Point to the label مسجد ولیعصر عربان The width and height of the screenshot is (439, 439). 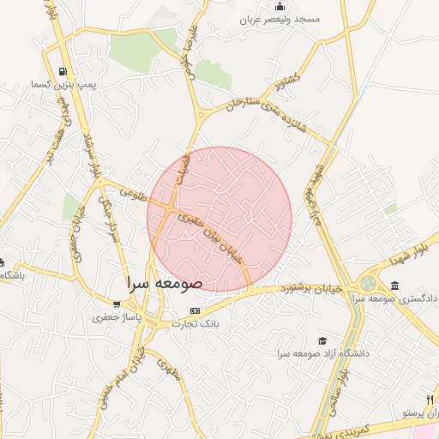pos(279,19)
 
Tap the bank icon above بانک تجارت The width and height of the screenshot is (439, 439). pos(195,310)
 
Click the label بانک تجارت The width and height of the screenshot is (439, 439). pos(195,323)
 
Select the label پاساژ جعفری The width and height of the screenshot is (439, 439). pos(115,317)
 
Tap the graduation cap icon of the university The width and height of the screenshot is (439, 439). pos(322,340)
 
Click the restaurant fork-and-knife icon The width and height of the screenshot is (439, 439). pos(429,400)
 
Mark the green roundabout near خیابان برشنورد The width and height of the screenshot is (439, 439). pos(369,283)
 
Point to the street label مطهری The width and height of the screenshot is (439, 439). pos(166,369)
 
